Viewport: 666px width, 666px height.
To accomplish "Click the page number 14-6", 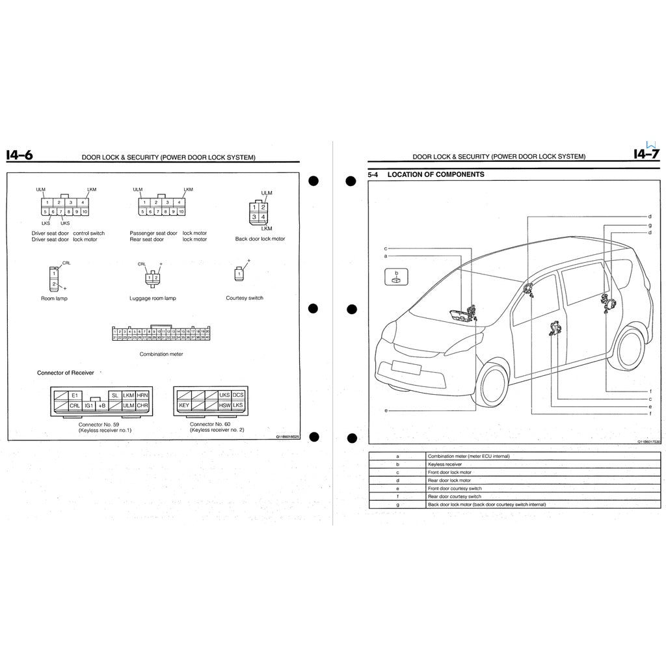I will pos(19,155).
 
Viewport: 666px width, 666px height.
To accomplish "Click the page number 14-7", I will pos(646,155).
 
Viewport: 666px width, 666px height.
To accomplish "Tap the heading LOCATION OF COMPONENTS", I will pos(435,174).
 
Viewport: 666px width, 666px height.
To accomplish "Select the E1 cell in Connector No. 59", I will pos(75,395).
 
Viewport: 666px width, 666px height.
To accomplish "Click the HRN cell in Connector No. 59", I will pos(142,395).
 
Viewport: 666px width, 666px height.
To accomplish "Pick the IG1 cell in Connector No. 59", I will pos(89,406).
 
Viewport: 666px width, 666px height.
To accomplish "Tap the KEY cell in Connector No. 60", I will pos(183,406).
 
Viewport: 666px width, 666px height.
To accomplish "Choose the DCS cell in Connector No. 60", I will pos(238,395).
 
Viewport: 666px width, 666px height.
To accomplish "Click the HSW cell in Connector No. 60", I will pos(224,406).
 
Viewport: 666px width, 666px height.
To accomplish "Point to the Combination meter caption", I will pos(161,354).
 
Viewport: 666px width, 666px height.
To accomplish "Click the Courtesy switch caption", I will pos(245,298).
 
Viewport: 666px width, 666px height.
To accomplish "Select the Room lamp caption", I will pos(54,298).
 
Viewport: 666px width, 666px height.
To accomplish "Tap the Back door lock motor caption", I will pos(260,239).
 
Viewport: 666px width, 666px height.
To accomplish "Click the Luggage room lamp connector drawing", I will pos(153,278).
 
